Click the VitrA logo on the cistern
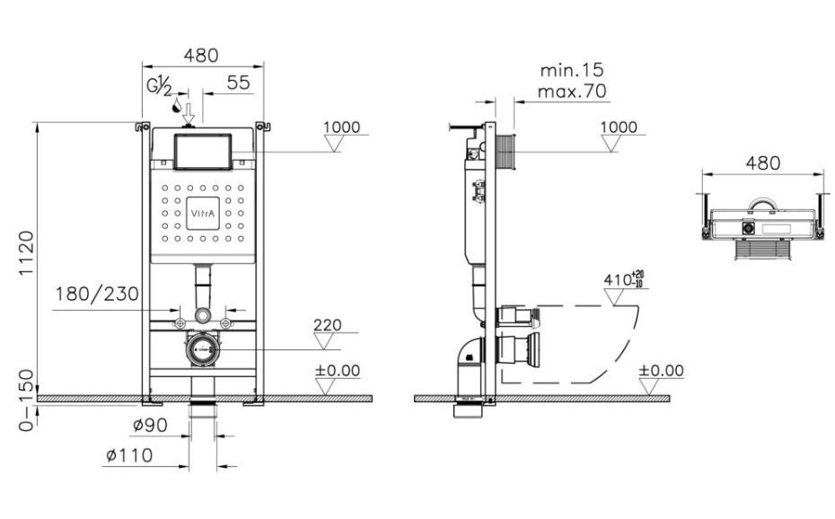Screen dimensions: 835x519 pos(203,214)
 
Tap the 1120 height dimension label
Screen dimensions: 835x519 pos(26,253)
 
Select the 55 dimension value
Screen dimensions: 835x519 pos(238,83)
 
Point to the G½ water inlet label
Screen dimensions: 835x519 pos(160,85)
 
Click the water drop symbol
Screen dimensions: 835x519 pos(176,107)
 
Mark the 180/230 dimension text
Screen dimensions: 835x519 pos(97,294)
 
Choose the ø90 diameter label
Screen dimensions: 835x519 pos(150,425)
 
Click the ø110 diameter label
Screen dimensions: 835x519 pos(129,455)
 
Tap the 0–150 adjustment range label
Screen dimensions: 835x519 pos(26,400)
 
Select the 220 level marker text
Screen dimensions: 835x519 pos(328,325)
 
